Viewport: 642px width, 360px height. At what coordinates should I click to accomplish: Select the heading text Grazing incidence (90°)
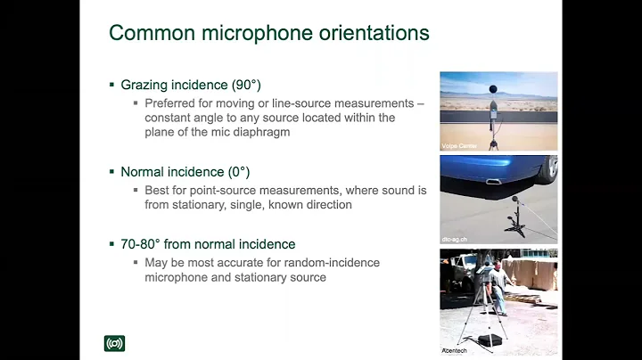[186, 85]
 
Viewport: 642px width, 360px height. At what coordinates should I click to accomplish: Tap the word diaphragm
[267, 133]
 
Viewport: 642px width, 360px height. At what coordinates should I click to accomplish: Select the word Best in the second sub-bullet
[157, 190]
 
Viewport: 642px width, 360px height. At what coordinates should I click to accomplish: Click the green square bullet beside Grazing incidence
[112, 85]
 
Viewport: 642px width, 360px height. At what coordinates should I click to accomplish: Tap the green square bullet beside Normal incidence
[112, 170]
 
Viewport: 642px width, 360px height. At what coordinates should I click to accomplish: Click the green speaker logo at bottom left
[114, 343]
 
